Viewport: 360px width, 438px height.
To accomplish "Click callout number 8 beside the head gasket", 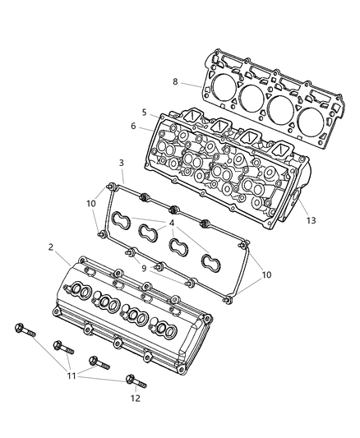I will [x=175, y=81].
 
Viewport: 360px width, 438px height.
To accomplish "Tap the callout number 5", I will [x=144, y=113].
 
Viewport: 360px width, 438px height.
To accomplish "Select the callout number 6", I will [x=134, y=126].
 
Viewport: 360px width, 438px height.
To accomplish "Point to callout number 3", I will [x=121, y=164].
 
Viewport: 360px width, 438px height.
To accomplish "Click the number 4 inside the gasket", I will [x=172, y=224].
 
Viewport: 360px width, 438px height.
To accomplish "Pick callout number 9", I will [x=143, y=268].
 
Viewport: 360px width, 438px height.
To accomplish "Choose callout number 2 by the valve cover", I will [x=50, y=247].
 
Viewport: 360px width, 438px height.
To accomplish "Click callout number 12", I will [x=135, y=399].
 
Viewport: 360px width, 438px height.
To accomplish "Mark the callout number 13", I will [x=310, y=220].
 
